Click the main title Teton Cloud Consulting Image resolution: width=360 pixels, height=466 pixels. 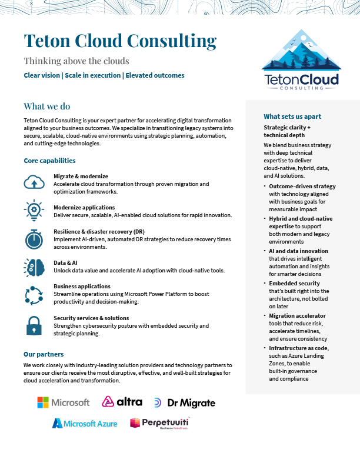pyautogui.click(x=120, y=41)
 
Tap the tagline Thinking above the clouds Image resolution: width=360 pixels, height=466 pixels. pyautogui.click(x=76, y=61)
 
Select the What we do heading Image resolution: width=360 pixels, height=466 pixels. pyautogui.click(x=47, y=106)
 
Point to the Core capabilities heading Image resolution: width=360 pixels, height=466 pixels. pyautogui.click(x=49, y=161)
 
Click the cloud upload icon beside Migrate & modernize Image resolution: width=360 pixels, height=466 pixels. pyautogui.click(x=34, y=182)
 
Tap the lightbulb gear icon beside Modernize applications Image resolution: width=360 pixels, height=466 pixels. pyautogui.click(x=34, y=210)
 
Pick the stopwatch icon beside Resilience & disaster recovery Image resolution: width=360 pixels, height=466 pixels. pyautogui.click(x=34, y=239)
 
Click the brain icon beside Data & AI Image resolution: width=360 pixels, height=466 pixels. pyautogui.click(x=34, y=268)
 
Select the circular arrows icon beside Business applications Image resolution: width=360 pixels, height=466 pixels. pyautogui.click(x=34, y=295)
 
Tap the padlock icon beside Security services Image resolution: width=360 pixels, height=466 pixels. pyautogui.click(x=34, y=325)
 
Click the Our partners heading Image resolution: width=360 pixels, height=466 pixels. pyautogui.click(x=44, y=354)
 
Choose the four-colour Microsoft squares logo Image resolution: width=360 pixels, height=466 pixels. pyautogui.click(x=43, y=402)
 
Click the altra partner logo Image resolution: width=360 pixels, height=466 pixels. pyautogui.click(x=122, y=402)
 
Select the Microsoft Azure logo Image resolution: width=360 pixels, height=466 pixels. pyautogui.click(x=85, y=423)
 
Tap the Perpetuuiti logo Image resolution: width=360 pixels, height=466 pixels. pyautogui.click(x=159, y=423)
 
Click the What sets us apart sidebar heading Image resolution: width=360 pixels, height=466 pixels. pyautogui.click(x=292, y=116)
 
